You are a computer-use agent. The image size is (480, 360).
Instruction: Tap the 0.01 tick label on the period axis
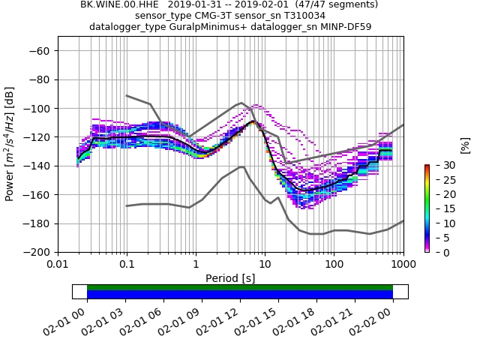58,265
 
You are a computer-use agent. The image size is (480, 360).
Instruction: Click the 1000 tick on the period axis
403,265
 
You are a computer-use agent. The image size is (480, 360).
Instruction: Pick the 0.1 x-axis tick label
127,265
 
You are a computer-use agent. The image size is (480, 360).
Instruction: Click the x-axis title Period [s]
230,278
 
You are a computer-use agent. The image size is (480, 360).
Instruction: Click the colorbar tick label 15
440,208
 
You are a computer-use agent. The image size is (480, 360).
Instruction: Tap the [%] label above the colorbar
466,145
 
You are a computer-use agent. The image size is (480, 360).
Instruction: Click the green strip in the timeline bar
240,287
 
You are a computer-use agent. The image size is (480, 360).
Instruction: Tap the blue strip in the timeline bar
240,295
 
